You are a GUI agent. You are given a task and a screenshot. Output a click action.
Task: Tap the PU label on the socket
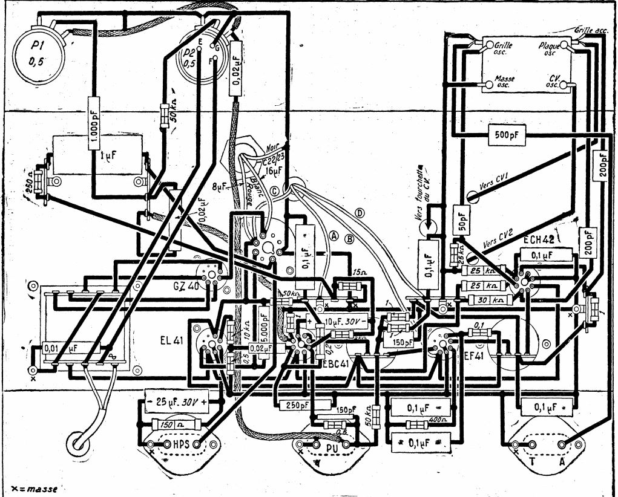point(330,448)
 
